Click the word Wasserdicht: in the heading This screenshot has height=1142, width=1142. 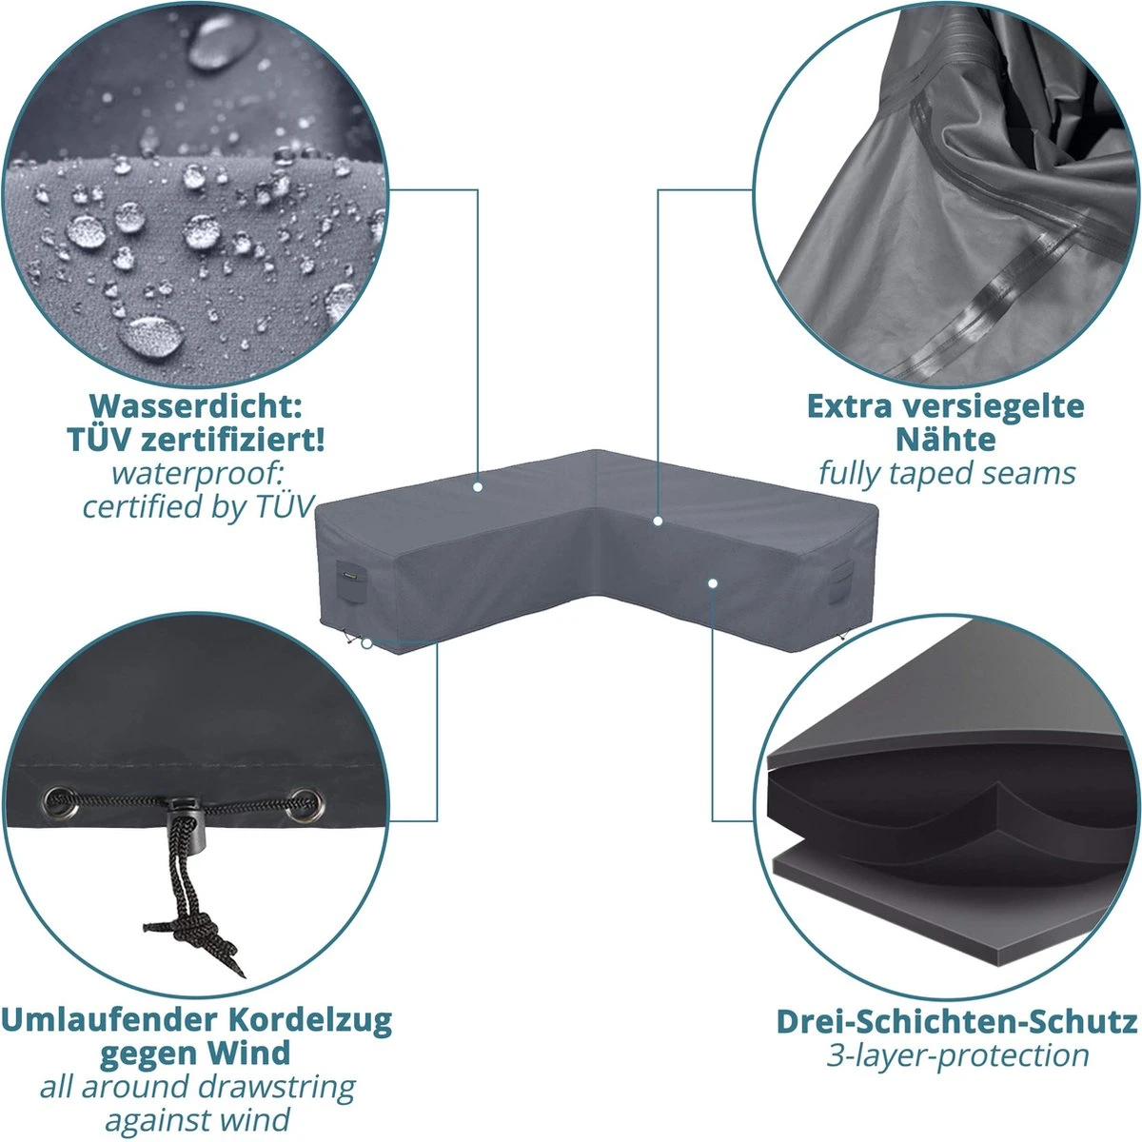(196, 406)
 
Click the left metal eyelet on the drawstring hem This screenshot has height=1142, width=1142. (61, 802)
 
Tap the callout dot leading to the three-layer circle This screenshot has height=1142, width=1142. (713, 583)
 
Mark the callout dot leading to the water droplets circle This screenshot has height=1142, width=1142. (478, 487)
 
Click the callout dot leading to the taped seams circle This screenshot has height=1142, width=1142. (658, 521)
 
